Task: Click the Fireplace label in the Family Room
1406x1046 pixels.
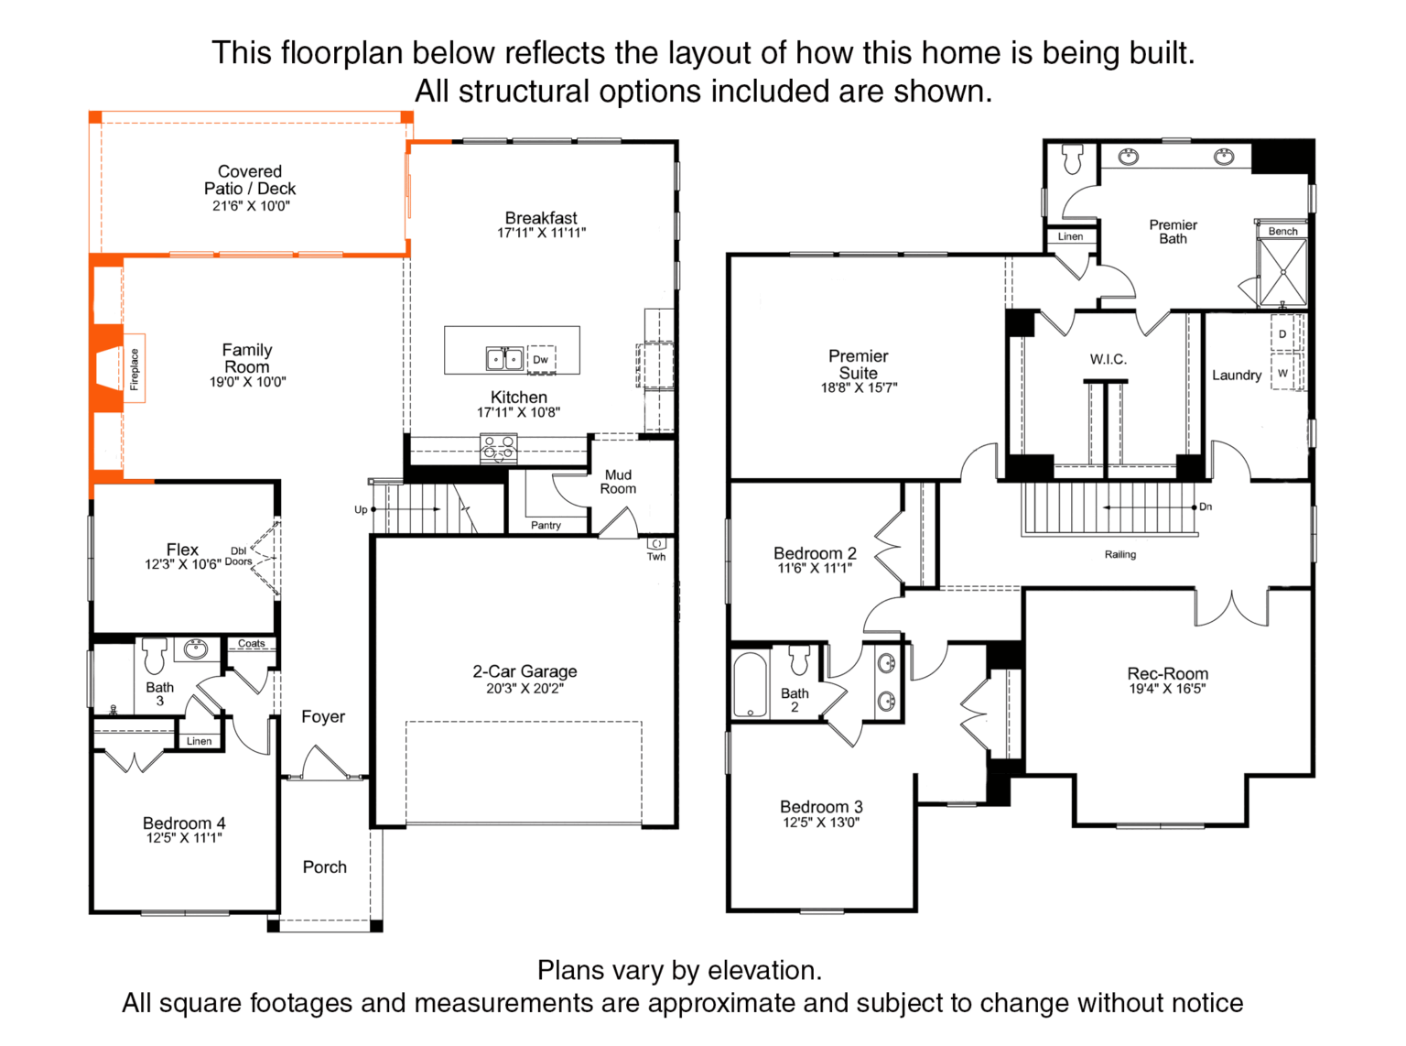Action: [135, 368]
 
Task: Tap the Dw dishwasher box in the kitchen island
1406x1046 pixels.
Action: [541, 360]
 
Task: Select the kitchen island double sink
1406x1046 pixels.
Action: [504, 359]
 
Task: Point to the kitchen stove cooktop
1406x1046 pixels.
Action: [498, 448]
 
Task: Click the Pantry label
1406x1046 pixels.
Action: [546, 525]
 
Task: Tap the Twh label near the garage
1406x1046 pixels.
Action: [656, 557]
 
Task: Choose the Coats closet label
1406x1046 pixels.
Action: [252, 643]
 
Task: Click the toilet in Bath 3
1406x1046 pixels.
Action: [154, 656]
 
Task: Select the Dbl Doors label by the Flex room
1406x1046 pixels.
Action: [238, 556]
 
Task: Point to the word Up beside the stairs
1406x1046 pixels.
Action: [361, 509]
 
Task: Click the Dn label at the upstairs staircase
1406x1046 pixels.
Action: [1206, 507]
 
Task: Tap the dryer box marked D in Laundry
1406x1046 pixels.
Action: [1282, 333]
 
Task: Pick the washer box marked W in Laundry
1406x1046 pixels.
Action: [1282, 373]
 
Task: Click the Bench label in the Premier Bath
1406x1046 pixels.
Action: [1283, 232]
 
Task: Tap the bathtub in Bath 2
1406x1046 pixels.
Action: [750, 684]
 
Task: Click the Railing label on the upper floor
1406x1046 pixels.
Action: [1120, 554]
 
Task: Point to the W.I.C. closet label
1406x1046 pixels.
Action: [1109, 359]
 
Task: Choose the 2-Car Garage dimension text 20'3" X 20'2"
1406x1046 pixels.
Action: [525, 688]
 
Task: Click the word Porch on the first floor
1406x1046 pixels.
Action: [325, 867]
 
